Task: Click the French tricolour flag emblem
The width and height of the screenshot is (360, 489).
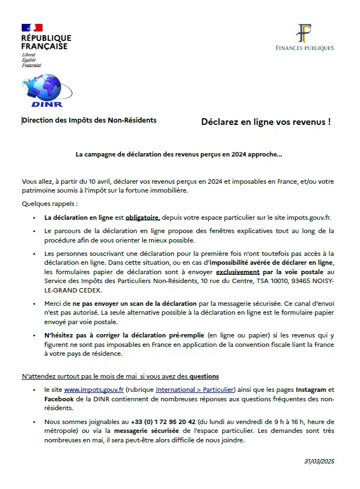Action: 32,28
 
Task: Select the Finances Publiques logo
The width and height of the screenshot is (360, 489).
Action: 304,38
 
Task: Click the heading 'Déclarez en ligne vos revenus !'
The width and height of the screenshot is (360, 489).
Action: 266,122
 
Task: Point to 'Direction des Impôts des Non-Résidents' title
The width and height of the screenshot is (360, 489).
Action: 89,120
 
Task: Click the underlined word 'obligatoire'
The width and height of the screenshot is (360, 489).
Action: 142,218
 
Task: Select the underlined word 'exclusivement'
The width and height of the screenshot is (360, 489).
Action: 238,272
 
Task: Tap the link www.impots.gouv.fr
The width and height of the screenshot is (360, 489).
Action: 86,390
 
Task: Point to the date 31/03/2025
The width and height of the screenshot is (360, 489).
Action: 319,461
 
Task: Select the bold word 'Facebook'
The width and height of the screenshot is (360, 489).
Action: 59,399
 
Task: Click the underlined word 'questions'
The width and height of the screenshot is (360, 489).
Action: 203,376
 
